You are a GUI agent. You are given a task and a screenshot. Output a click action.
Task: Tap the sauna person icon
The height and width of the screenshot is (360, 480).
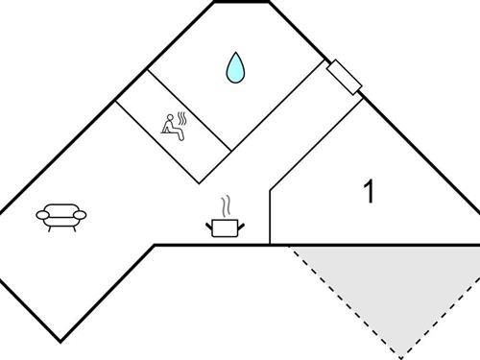pyautogui.click(x=173, y=127)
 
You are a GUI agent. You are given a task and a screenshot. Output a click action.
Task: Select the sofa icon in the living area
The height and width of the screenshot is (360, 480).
pyautogui.click(x=61, y=216)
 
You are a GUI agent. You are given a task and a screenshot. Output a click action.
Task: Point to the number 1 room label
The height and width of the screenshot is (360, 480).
pyautogui.click(x=369, y=192)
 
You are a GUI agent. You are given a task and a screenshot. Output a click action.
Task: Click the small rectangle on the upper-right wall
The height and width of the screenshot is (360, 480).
pyautogui.click(x=344, y=78)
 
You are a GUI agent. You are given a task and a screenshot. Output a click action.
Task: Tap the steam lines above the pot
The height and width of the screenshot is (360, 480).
pyautogui.click(x=226, y=205)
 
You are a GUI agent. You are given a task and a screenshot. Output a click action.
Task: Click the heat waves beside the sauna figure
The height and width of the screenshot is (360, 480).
pyautogui.click(x=180, y=119)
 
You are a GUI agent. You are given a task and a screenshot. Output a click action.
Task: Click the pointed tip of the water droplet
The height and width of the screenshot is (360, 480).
pyautogui.click(x=234, y=54)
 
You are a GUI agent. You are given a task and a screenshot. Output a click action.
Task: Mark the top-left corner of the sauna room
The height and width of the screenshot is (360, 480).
pyautogui.click(x=115, y=101)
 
